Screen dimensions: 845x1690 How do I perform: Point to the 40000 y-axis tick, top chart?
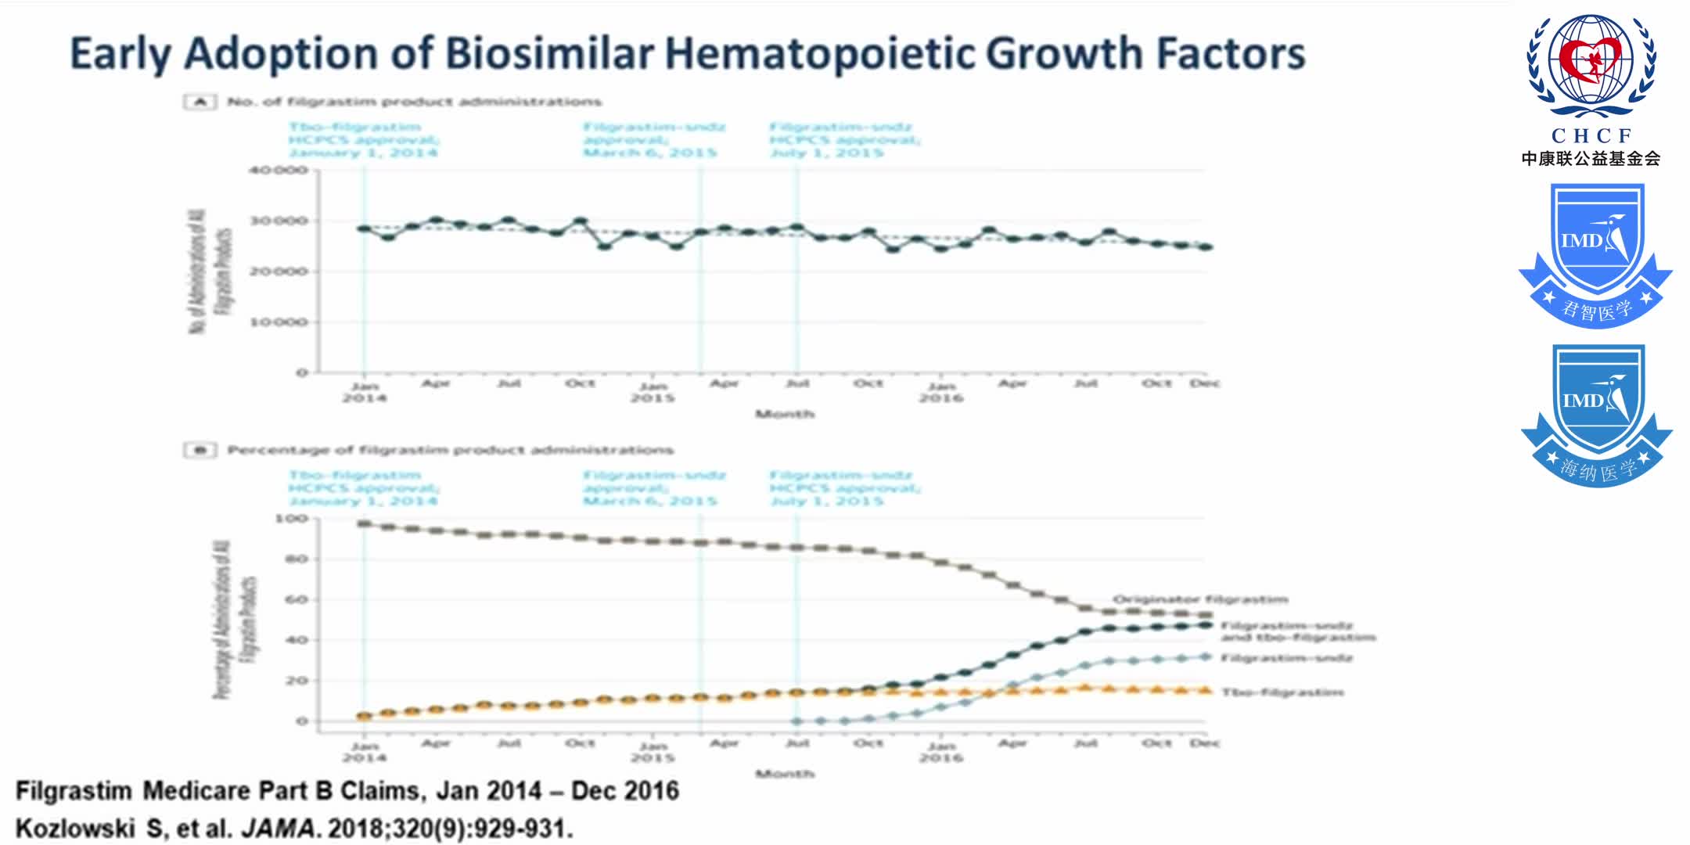tap(278, 171)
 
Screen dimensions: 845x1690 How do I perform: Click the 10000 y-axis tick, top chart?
tap(278, 322)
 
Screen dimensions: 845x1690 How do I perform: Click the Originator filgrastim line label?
tap(1200, 599)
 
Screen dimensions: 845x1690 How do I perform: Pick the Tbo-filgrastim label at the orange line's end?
tap(1282, 692)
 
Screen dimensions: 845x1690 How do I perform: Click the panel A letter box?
tap(200, 102)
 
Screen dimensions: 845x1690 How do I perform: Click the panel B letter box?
tap(200, 450)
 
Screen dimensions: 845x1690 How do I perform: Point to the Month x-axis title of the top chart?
tap(785, 414)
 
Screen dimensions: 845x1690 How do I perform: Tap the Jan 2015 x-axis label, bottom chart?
tap(653, 751)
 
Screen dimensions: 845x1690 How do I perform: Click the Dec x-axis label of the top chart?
tap(1204, 383)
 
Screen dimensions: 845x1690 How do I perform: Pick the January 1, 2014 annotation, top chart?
tap(363, 153)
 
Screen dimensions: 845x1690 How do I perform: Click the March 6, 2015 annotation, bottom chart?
tap(649, 501)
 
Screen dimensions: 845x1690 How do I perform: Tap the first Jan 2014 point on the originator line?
tap(364, 523)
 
